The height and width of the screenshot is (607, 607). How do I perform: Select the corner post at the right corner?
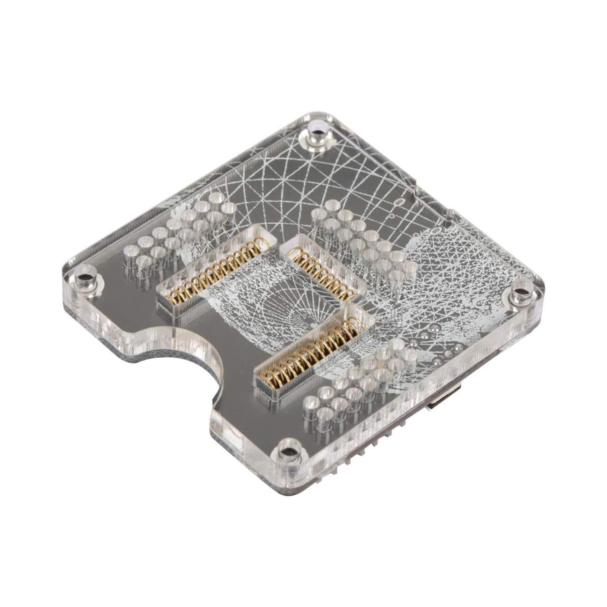521,292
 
